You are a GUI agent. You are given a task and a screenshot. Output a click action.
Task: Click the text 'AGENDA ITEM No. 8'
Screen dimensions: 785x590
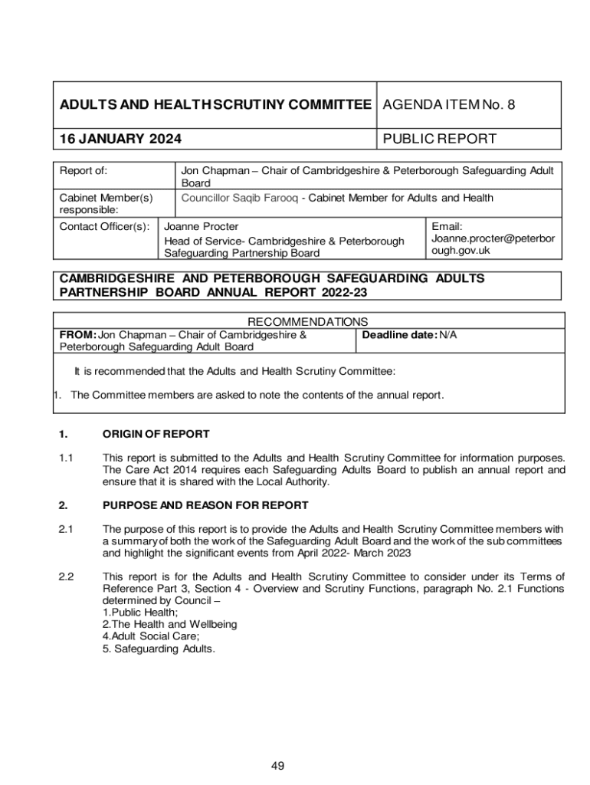(x=448, y=105)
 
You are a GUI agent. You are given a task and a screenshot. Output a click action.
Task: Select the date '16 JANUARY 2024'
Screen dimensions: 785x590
(x=121, y=139)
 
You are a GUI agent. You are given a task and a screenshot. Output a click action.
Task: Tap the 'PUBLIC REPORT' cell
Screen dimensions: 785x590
(x=439, y=139)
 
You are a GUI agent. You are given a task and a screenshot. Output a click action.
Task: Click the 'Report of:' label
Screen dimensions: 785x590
(x=84, y=170)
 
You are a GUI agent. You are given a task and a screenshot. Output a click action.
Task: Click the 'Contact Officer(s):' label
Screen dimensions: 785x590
(x=104, y=226)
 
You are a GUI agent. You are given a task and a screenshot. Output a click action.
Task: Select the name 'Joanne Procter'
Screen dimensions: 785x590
(x=202, y=226)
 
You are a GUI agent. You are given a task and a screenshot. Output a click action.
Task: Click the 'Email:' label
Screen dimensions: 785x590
(x=447, y=226)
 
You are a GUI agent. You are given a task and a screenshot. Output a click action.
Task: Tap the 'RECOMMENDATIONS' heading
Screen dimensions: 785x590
(x=309, y=322)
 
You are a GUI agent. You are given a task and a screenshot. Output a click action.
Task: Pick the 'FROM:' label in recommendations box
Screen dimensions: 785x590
(x=78, y=335)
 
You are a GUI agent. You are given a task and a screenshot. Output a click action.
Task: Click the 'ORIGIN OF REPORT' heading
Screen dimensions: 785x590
(x=156, y=435)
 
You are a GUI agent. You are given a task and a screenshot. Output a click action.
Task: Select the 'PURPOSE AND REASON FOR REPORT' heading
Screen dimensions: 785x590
(x=205, y=505)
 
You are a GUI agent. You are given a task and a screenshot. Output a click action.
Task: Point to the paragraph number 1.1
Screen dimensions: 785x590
(x=66, y=458)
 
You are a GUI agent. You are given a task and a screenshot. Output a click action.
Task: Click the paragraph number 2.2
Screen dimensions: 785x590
(x=66, y=576)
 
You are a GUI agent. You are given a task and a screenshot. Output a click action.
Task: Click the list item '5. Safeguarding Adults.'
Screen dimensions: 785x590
(x=159, y=649)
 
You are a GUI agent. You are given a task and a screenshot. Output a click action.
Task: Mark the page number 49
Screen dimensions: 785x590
(x=277, y=766)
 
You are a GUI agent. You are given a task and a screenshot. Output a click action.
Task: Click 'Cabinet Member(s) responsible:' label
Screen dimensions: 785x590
(x=107, y=203)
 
